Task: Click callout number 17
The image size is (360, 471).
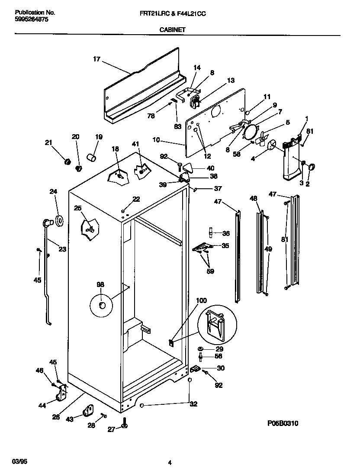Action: [x=96, y=60]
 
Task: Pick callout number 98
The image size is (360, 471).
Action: [x=100, y=284]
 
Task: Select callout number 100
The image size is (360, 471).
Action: [x=202, y=300]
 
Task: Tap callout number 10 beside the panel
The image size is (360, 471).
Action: [x=156, y=140]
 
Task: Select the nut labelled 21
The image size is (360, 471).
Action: [x=67, y=161]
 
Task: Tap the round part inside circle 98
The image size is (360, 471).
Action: [x=103, y=306]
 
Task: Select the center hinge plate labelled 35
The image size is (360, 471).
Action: [x=202, y=247]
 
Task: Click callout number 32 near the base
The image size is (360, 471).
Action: [x=193, y=404]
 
